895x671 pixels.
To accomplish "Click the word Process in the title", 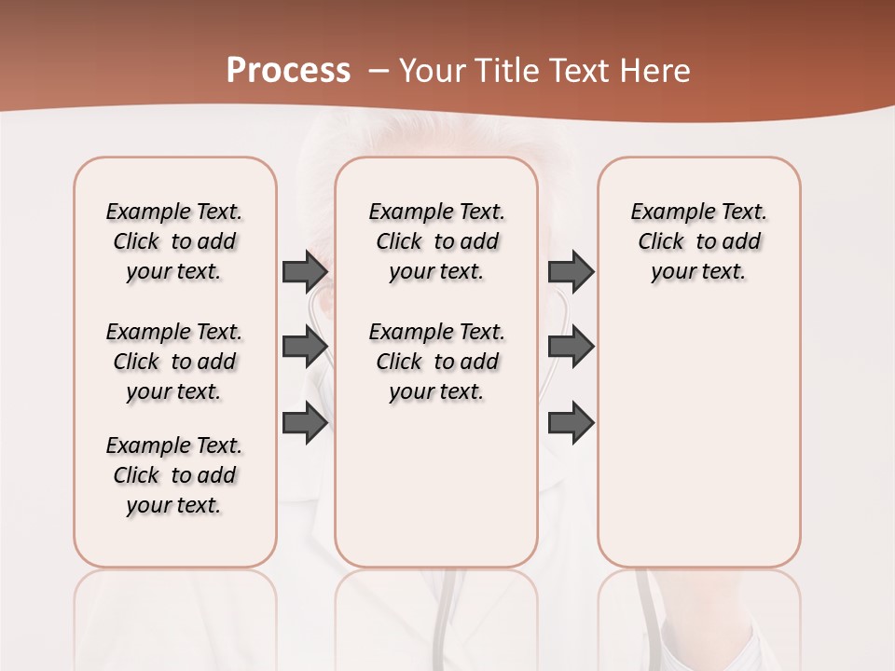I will (x=288, y=71).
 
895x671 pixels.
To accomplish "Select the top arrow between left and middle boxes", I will (x=304, y=271).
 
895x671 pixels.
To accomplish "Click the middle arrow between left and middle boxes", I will (x=304, y=347).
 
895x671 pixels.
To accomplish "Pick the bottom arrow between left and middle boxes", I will (x=304, y=423).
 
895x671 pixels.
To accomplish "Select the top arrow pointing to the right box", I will (x=571, y=271).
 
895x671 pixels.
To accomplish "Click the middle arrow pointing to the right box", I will (x=571, y=347).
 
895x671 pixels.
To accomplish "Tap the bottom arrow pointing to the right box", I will (x=571, y=423).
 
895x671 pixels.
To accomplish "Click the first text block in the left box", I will (x=174, y=241).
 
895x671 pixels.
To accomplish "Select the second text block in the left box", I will (x=174, y=362).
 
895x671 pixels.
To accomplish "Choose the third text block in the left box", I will (x=174, y=475).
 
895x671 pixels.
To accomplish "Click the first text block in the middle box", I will (x=436, y=241).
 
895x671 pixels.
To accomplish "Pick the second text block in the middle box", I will (x=436, y=362).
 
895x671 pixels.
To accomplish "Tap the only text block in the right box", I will (x=699, y=241).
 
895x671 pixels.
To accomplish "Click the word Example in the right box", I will (x=668, y=212).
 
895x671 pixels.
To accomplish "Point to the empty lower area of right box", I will (x=699, y=447).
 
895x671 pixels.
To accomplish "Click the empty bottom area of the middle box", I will (x=436, y=494).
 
